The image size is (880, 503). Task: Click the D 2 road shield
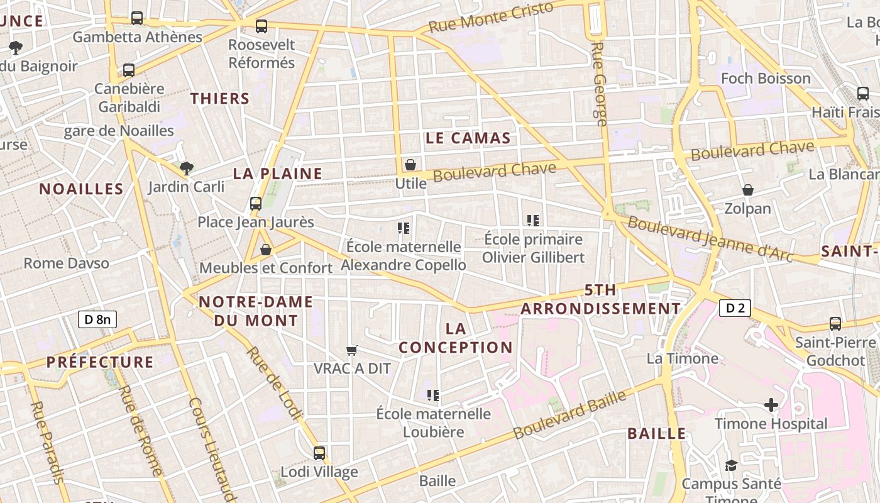pyautogui.click(x=735, y=308)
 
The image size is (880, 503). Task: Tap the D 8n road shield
pyautogui.click(x=97, y=319)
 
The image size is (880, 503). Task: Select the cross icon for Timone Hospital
pyautogui.click(x=771, y=405)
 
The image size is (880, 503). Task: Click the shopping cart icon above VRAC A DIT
pyautogui.click(x=352, y=350)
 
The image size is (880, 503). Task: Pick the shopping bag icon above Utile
pyautogui.click(x=410, y=165)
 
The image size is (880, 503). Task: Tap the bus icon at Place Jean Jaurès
pyautogui.click(x=256, y=203)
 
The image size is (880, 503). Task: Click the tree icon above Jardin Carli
pyautogui.click(x=186, y=168)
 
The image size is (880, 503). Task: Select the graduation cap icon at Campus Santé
pyautogui.click(x=731, y=465)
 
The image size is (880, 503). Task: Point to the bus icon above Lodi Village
pyautogui.click(x=319, y=453)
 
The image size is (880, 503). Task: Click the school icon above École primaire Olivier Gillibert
pyautogui.click(x=533, y=220)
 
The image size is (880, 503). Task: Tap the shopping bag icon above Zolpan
pyautogui.click(x=748, y=190)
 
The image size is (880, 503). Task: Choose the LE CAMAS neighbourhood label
pyautogui.click(x=468, y=138)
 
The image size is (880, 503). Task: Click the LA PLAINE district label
pyautogui.click(x=278, y=174)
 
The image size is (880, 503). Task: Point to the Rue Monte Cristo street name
pyautogui.click(x=491, y=17)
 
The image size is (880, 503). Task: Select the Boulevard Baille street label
pyautogui.click(x=570, y=414)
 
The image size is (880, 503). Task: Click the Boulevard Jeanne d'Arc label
pyautogui.click(x=710, y=241)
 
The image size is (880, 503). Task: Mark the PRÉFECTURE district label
pyautogui.click(x=100, y=362)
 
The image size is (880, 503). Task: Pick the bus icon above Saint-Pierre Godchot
pyautogui.click(x=835, y=324)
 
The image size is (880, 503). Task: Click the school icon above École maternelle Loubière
pyautogui.click(x=432, y=395)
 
